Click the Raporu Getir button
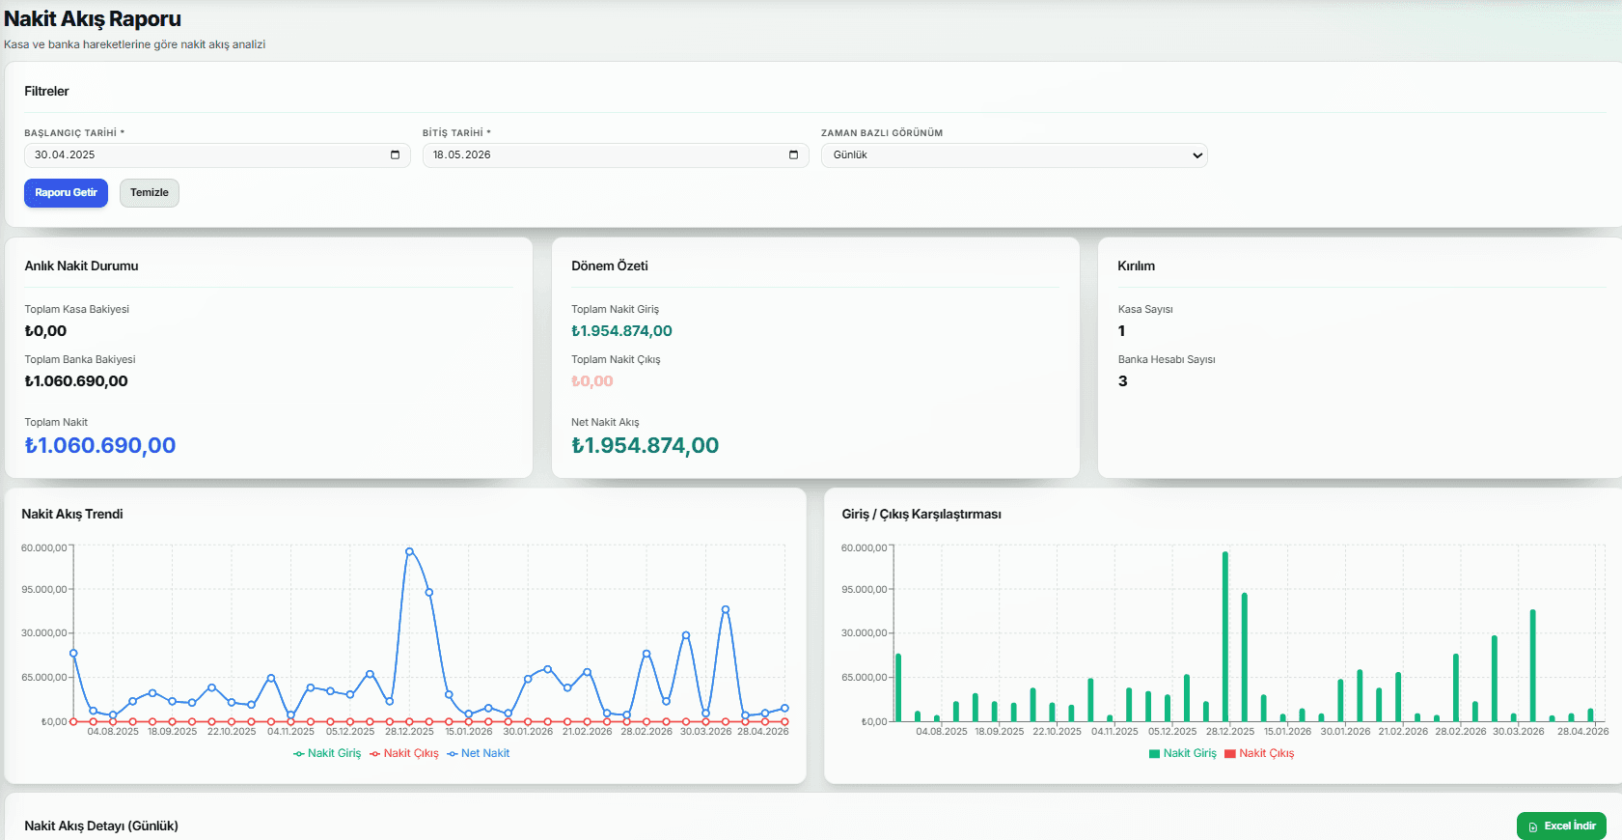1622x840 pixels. tap(66, 193)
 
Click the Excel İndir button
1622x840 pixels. tap(1561, 826)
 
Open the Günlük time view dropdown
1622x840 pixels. tap(1014, 155)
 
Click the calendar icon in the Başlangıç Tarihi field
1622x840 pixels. tap(395, 155)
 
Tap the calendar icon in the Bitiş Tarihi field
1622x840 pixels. tap(793, 155)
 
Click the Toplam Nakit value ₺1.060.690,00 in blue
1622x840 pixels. tap(100, 445)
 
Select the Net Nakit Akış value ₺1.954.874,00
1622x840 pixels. tap(646, 445)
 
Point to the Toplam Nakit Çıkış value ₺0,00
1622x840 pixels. tap(592, 381)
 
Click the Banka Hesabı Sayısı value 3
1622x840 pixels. tap(1122, 381)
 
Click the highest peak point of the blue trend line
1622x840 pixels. tap(410, 551)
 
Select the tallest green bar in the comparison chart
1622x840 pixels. tap(1225, 636)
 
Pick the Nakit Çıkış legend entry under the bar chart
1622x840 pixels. tap(1259, 753)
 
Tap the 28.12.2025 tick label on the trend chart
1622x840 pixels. tap(410, 731)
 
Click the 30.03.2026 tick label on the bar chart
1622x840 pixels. tap(1519, 731)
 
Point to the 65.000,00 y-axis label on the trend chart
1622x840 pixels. tap(44, 677)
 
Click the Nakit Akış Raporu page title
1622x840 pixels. tap(93, 19)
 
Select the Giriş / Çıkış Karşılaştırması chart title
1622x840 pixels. tap(921, 514)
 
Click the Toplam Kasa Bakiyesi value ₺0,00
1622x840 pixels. tap(45, 331)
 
